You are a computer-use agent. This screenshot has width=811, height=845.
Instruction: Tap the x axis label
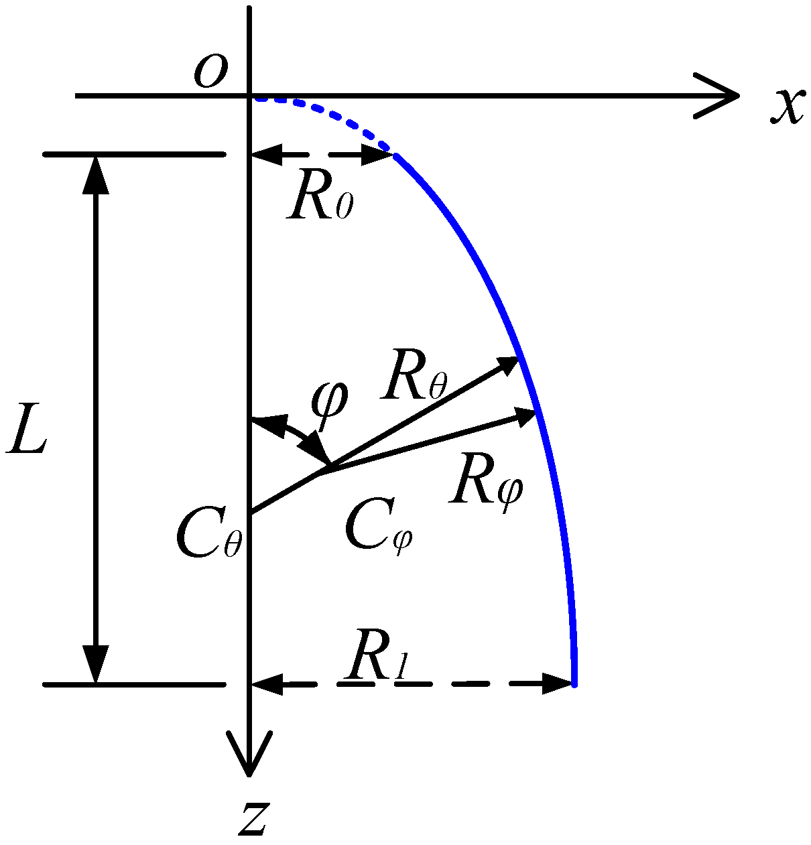click(786, 106)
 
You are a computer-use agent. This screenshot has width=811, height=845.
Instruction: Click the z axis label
click(253, 819)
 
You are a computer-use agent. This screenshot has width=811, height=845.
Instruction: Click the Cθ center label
click(207, 537)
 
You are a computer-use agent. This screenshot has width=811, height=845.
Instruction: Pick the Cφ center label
click(377, 529)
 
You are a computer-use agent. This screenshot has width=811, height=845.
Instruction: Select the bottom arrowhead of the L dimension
click(96, 666)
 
